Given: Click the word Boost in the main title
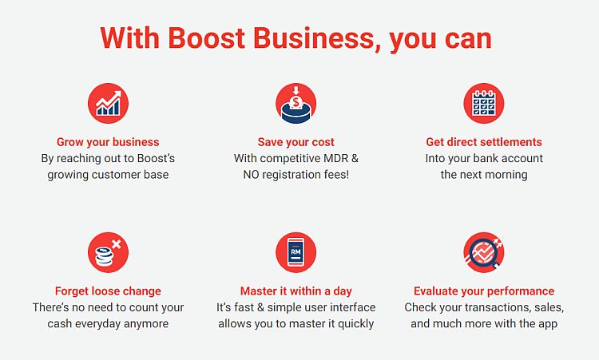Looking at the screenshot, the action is pos(207,38).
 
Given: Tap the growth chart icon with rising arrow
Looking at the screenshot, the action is pos(108,103).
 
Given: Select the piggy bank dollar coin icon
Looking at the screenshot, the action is pos(296,103).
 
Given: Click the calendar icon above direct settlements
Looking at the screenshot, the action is pos(484,103).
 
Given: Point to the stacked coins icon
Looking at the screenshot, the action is pos(108,252).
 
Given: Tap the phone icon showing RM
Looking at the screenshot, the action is pos(296,252).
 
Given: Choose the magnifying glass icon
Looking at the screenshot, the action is pos(484,252).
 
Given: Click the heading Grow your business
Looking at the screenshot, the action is pos(108,142).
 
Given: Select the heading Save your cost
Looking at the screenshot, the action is pos(296,142).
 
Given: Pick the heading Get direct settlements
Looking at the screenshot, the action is pos(484,142).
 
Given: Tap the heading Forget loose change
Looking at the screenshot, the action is pos(108,291).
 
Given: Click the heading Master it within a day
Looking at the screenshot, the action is pos(296,291).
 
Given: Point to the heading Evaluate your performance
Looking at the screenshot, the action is pos(484,291).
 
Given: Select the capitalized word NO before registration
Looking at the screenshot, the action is pos(251,175).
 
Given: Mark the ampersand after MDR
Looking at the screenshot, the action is pos(355,158).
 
